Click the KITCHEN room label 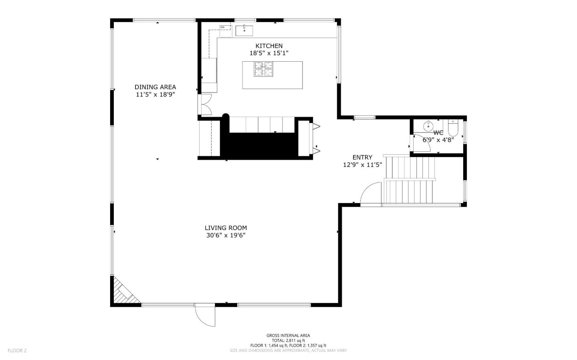pos(269,46)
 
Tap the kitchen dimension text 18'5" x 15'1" pos(269,53)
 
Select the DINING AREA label pos(155,87)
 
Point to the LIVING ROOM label pos(226,228)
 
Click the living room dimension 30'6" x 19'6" pos(226,235)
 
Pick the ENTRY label pos(362,157)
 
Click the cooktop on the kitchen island pos(263,69)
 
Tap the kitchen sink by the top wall pos(244,30)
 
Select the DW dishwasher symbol pos(223,27)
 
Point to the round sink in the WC pos(428,126)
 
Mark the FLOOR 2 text pos(17,350)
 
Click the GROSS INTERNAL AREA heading pos(288,336)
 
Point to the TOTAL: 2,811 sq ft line pos(288,340)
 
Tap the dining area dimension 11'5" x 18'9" pos(155,95)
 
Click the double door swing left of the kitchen pos(206,105)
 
